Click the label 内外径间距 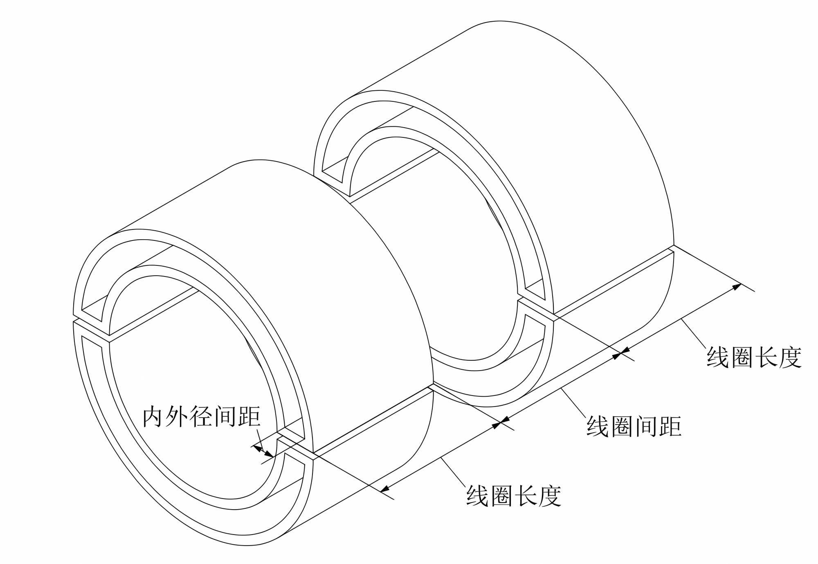(x=201, y=417)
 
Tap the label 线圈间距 (x=634, y=427)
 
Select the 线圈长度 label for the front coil (x=514, y=496)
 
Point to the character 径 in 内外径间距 (x=201, y=417)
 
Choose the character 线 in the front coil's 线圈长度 (x=478, y=496)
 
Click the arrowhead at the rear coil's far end (x=737, y=287)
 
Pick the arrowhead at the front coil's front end (x=384, y=488)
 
